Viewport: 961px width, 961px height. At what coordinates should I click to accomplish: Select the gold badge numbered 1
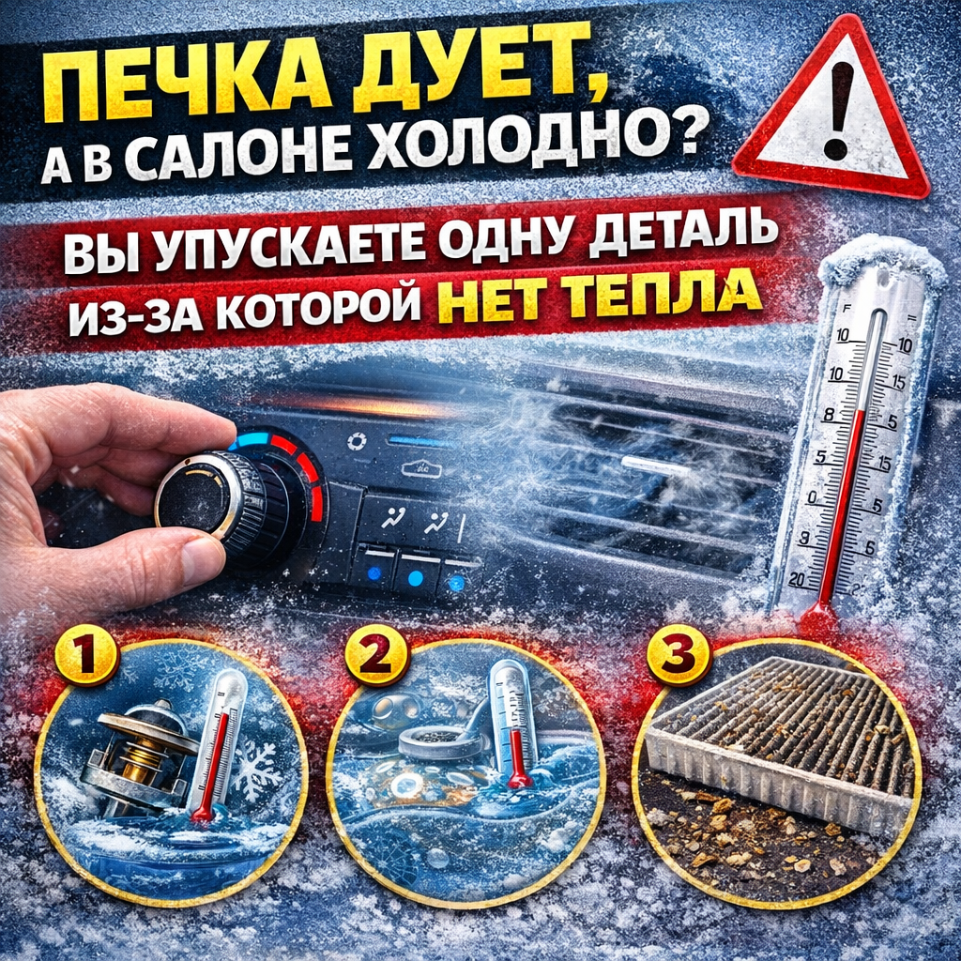pyautogui.click(x=86, y=655)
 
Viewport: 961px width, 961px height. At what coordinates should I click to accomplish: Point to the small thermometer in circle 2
pyautogui.click(x=515, y=724)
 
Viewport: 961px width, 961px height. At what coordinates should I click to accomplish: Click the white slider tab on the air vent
pyautogui.click(x=654, y=464)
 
